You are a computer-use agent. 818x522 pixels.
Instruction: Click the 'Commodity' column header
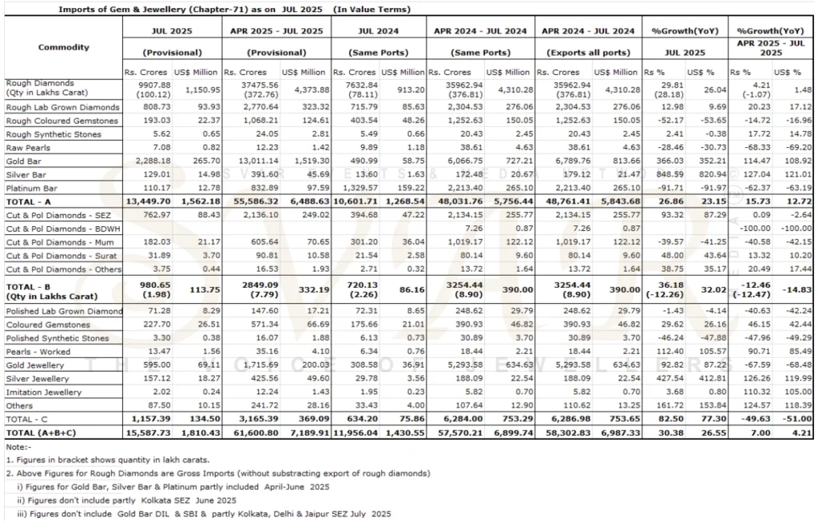click(x=64, y=47)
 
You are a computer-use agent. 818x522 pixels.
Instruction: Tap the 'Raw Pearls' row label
click(x=29, y=147)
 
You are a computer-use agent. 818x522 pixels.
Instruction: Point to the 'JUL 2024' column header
click(x=378, y=31)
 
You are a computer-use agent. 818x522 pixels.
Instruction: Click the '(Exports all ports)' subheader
click(x=588, y=53)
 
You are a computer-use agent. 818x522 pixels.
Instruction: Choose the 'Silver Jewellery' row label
click(x=38, y=379)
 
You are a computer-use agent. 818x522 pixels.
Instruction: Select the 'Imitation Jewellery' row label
click(x=43, y=392)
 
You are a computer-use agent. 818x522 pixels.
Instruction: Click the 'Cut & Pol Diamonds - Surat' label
click(x=56, y=256)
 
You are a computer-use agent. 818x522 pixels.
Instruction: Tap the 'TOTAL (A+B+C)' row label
click(x=42, y=432)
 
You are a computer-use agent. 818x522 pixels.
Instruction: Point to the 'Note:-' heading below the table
click(x=16, y=447)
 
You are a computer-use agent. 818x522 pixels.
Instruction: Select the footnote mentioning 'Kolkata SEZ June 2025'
click(x=126, y=500)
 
